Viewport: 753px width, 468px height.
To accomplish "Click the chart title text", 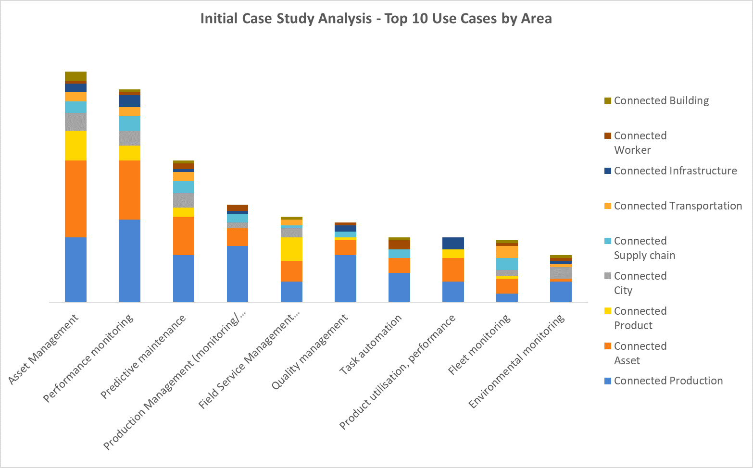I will point(376,19).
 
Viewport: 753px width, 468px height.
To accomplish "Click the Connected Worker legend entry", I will point(640,143).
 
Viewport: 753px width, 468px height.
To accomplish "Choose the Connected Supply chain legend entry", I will point(644,248).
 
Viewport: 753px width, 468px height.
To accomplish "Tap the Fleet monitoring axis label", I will point(479,345).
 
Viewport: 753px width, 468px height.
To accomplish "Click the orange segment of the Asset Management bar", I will point(75,198).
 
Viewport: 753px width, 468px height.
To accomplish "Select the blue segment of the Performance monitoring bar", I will point(129,260).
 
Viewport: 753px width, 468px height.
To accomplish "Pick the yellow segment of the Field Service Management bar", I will point(291,249).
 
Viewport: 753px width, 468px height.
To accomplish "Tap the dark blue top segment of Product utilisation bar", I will point(453,243).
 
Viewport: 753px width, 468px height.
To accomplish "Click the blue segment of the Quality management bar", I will point(345,278).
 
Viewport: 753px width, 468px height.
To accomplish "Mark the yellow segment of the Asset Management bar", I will point(75,145).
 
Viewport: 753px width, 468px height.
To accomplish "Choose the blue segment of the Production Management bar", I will point(238,273).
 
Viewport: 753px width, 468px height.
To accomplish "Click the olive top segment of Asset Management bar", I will point(75,76).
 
